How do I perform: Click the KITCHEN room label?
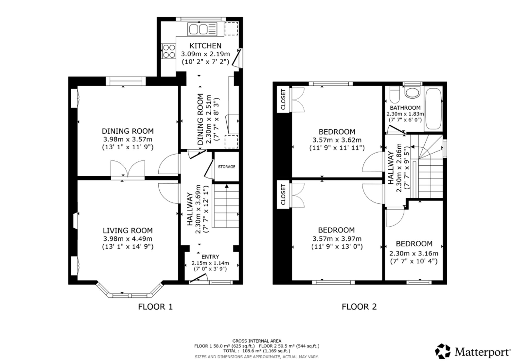tap(205, 46)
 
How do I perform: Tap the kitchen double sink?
tap(202, 29)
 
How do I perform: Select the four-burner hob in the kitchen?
tap(169, 51)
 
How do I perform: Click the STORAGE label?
tap(227, 167)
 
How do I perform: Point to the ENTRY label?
tap(210, 257)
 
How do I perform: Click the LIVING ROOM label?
tap(128, 230)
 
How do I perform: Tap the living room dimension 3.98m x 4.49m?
tap(128, 239)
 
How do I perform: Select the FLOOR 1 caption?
tap(155, 306)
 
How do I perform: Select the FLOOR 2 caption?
tap(359, 306)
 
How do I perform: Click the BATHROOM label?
tap(405, 108)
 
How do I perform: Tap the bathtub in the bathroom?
tap(433, 109)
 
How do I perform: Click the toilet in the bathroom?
tap(394, 95)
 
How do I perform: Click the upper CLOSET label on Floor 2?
tap(283, 99)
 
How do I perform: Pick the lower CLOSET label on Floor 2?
tap(283, 195)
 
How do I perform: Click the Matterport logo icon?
tap(443, 351)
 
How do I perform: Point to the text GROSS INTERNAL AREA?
tap(257, 341)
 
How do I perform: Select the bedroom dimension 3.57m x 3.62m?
tap(337, 140)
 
